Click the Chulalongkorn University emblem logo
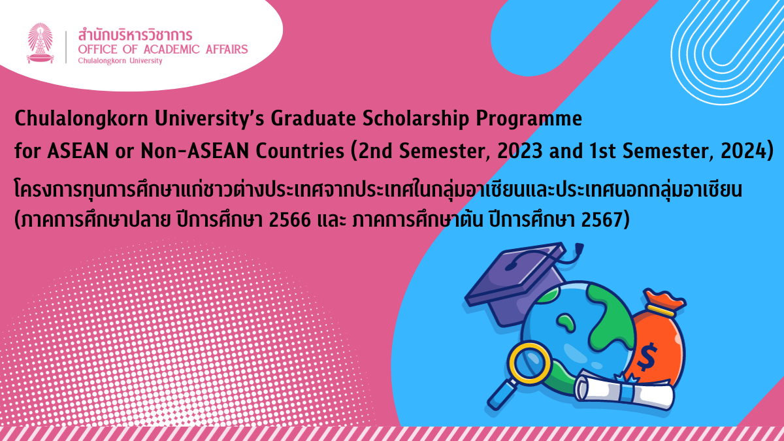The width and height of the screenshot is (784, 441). coord(41,43)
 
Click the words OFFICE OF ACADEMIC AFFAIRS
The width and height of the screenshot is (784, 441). coord(163,50)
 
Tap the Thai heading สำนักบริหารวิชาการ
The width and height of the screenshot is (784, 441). coord(135,35)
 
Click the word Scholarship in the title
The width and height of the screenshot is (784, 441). coord(416,119)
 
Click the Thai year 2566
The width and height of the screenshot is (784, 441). coord(290,220)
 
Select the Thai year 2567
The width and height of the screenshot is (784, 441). coord(601,220)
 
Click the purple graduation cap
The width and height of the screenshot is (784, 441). coord(518,280)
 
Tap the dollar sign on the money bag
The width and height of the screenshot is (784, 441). coord(647,357)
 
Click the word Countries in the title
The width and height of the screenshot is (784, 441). coord(300,151)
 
